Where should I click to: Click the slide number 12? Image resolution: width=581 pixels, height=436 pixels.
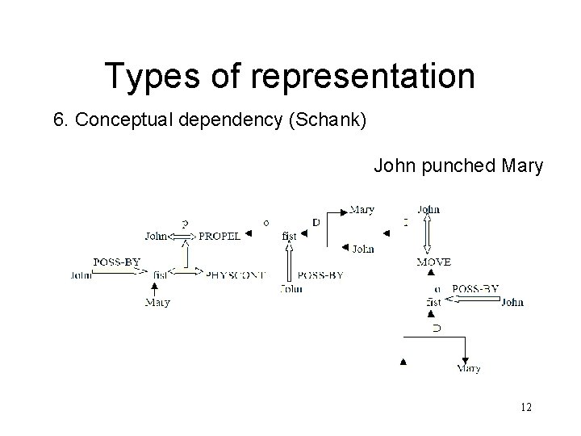[526, 409]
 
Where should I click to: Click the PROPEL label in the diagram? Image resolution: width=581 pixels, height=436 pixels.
[219, 236]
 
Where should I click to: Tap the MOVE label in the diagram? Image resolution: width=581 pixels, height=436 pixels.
[434, 262]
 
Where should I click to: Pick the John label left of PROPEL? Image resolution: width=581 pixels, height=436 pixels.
[157, 236]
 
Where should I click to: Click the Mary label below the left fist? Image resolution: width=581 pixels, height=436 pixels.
[157, 303]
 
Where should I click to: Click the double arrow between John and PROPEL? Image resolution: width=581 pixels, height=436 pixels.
[183, 236]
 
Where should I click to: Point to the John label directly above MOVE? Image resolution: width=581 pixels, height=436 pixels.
[428, 209]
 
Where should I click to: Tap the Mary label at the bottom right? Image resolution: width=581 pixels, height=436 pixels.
[468, 368]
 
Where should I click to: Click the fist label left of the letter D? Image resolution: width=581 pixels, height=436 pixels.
[290, 236]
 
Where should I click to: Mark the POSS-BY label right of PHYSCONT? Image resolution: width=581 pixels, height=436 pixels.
[320, 275]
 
